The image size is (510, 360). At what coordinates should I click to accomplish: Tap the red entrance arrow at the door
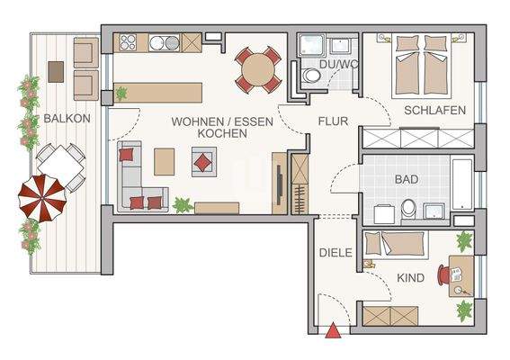click(334, 332)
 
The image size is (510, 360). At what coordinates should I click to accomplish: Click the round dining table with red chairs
click(258, 68)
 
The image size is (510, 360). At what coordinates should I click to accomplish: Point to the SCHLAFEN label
click(434, 111)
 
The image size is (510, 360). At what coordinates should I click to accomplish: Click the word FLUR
click(333, 119)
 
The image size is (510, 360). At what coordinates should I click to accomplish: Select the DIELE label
click(336, 253)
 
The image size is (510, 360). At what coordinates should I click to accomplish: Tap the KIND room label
click(411, 278)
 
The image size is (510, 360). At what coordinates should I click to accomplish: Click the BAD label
click(407, 179)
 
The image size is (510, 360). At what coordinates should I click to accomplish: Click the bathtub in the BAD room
click(461, 185)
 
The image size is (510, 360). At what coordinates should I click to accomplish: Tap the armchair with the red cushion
click(203, 162)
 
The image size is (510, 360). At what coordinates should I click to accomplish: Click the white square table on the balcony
click(60, 166)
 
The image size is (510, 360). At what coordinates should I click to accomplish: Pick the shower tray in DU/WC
click(312, 45)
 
